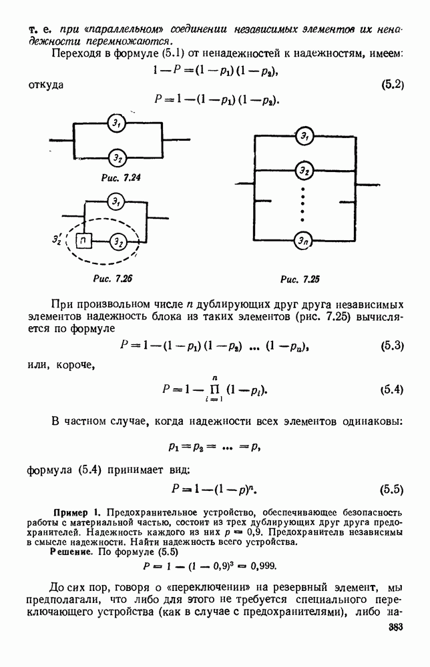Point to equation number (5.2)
(x=392, y=85)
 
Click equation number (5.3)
(x=391, y=346)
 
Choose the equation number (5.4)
(x=391, y=390)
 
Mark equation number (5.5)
(x=391, y=489)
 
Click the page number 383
(x=397, y=629)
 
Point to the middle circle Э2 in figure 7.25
(x=304, y=171)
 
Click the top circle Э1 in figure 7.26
(x=117, y=201)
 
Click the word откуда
(x=46, y=85)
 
